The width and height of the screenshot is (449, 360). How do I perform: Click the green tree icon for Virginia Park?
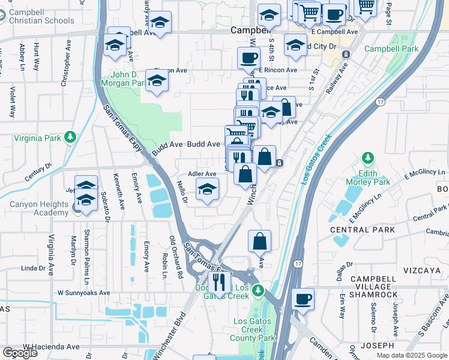[71, 137]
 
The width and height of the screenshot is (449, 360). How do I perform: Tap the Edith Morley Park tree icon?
[367, 159]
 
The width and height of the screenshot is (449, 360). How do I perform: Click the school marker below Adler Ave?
[208, 190]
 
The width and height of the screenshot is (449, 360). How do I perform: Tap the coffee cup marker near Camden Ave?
[303, 298]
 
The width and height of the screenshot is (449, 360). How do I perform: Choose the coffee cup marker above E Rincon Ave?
[248, 58]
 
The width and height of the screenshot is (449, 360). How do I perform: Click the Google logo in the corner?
[20, 352]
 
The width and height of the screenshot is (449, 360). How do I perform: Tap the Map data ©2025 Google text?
[411, 355]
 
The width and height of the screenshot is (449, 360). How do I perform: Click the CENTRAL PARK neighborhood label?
[363, 230]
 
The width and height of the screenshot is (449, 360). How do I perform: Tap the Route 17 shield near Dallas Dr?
[298, 263]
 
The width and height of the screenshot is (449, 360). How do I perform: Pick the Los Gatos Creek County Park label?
[254, 329]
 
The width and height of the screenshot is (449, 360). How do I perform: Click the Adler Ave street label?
[202, 174]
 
